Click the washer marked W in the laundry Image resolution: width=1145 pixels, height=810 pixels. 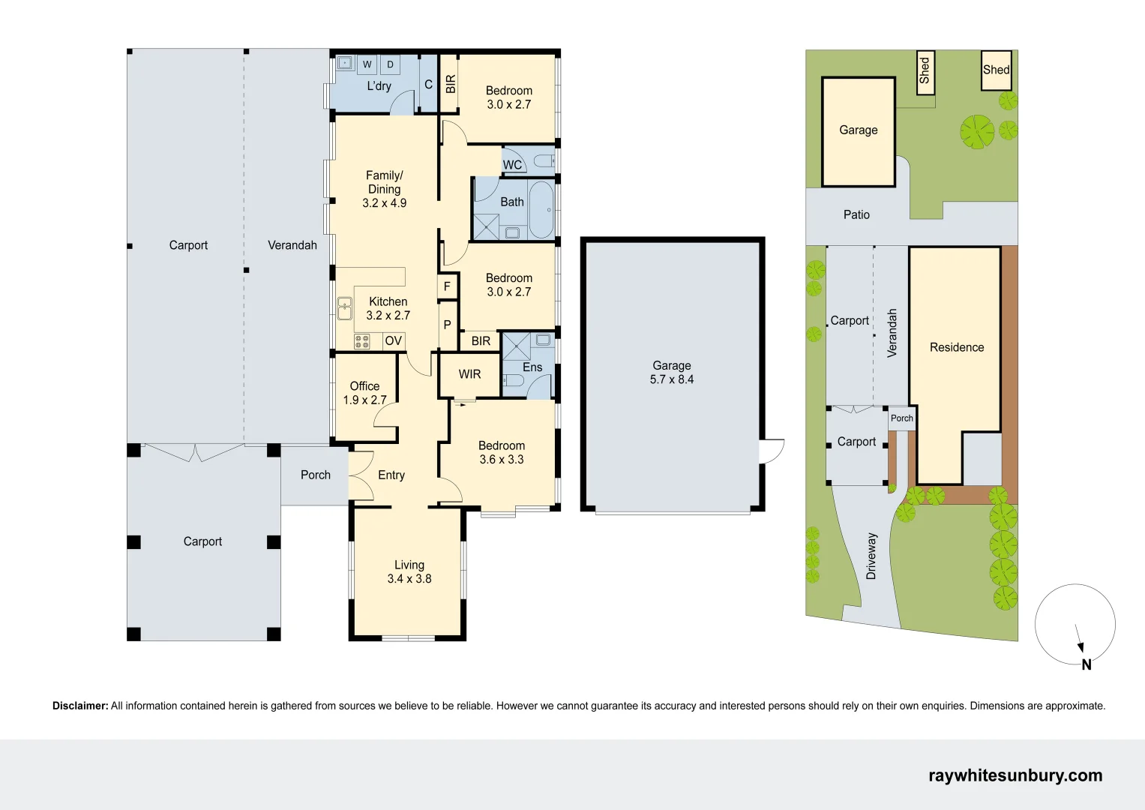point(367,64)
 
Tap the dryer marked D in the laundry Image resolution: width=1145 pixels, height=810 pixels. point(390,64)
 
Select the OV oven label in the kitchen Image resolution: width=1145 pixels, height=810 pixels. point(394,340)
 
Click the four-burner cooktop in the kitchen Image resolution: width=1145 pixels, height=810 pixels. point(362,341)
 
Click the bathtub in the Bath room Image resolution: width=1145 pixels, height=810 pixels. point(541,210)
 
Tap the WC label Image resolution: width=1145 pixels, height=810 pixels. point(512,165)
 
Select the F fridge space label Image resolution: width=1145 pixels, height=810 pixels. point(447,286)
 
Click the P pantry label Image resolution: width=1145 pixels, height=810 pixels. point(447,325)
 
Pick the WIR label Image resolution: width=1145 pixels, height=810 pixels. point(469,374)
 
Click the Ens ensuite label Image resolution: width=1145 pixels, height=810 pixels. point(532,367)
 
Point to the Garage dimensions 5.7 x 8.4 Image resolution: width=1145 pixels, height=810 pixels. point(672,379)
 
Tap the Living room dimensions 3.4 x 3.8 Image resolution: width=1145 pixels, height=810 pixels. point(409,579)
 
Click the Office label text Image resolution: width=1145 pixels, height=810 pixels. point(364,386)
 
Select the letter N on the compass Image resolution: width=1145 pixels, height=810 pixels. point(1087,664)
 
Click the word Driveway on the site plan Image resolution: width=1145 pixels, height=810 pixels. point(871,556)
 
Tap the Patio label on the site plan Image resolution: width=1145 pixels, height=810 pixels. point(857,214)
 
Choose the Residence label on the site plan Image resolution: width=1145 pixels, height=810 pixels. point(957,347)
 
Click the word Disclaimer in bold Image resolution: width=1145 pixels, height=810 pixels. point(80,706)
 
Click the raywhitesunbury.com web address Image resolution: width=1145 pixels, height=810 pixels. point(1016,775)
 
